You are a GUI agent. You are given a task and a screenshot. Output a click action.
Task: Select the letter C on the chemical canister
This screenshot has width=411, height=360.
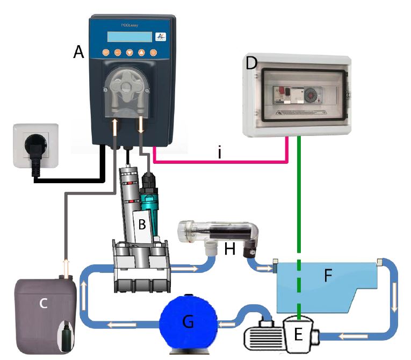tap(44, 303)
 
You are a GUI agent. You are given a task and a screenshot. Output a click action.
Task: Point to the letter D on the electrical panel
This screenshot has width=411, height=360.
tap(251, 63)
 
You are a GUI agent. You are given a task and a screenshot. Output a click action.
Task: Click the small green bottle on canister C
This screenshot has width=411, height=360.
tap(66, 333)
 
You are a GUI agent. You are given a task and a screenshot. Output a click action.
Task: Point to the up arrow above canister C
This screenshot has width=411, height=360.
tap(67, 264)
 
